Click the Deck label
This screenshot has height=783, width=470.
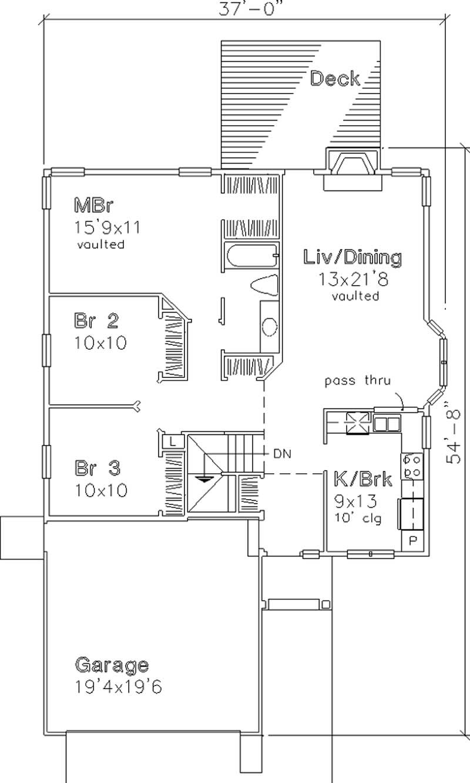click(x=334, y=79)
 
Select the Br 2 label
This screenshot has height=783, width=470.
click(x=96, y=320)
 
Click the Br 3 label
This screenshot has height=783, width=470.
click(x=98, y=468)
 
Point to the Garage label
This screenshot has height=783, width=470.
click(x=111, y=665)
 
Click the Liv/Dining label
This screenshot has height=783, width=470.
click(x=352, y=257)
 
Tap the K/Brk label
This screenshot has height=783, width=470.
click(x=362, y=479)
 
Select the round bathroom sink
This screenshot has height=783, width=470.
click(x=270, y=327)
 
